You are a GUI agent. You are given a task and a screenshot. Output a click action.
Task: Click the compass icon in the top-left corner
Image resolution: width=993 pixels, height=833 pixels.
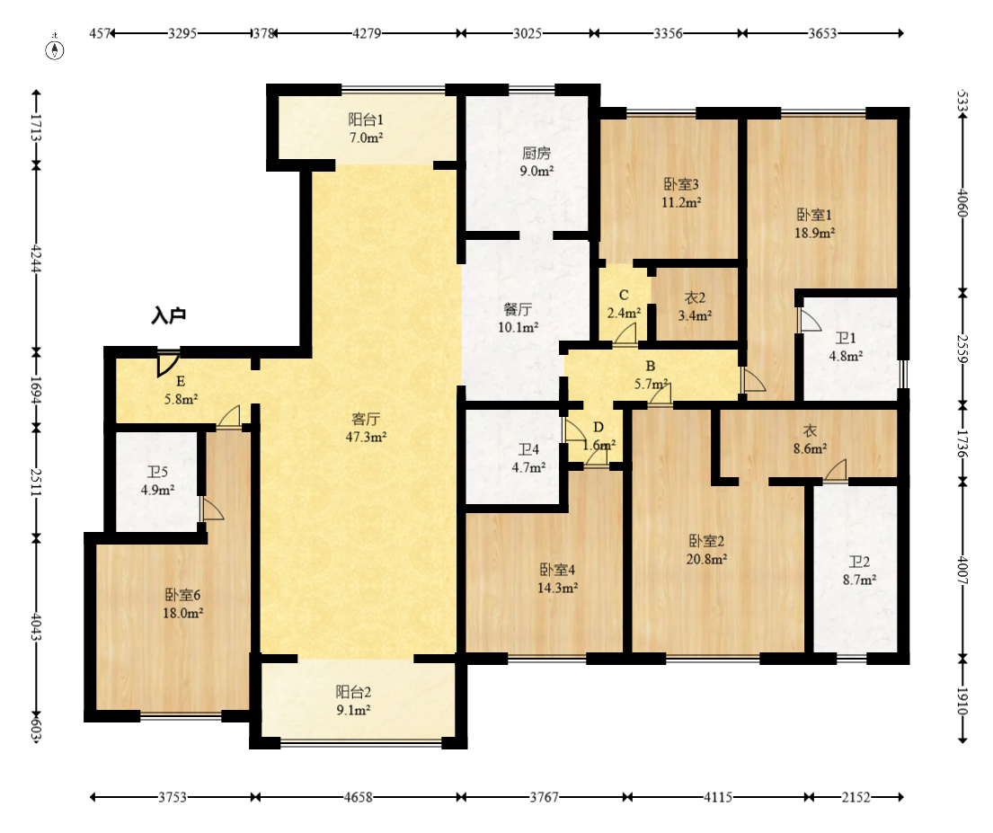[x=55, y=49]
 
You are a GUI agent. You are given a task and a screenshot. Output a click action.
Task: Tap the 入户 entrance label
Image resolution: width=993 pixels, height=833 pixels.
[x=168, y=315]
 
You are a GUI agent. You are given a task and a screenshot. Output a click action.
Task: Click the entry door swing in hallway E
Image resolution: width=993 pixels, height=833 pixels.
[x=168, y=364]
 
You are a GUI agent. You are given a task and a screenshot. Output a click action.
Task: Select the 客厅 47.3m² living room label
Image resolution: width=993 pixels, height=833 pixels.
[x=366, y=428]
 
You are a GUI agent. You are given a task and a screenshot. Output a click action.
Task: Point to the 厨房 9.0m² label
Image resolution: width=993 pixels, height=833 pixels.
[x=536, y=162]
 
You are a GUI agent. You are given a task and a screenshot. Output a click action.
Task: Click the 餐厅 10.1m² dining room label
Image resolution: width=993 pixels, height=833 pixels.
[x=518, y=318]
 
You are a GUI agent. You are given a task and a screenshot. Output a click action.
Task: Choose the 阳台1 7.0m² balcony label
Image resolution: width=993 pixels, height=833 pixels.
[x=366, y=128]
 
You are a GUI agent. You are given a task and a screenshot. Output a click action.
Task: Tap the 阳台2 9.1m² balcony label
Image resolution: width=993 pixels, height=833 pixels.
[x=353, y=701]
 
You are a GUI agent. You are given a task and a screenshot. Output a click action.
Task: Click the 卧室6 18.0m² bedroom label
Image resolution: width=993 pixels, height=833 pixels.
[x=183, y=604]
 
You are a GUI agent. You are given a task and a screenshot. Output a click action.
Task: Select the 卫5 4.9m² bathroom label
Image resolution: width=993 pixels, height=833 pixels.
[x=157, y=481]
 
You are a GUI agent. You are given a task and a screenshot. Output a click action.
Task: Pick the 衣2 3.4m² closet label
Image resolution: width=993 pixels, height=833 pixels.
[x=695, y=306]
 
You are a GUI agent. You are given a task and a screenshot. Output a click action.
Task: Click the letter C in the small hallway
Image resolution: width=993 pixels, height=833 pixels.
[x=624, y=296]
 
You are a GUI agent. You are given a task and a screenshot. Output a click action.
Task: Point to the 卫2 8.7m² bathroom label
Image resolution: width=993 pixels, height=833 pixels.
[x=859, y=570]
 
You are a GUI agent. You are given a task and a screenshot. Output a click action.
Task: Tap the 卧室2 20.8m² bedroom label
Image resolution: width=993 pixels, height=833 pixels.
[x=706, y=550]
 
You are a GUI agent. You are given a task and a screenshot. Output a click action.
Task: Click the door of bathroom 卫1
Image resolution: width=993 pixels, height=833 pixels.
[x=809, y=320]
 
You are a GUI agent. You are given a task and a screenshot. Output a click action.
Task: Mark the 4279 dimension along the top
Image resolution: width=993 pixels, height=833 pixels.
[x=367, y=33]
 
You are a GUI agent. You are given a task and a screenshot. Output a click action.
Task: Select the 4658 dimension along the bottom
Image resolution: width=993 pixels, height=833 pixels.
[x=358, y=797]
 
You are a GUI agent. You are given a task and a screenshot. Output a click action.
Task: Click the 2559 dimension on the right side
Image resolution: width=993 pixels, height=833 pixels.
[x=962, y=349]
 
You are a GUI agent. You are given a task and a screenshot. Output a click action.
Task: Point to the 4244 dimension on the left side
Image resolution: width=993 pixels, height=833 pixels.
[x=36, y=259]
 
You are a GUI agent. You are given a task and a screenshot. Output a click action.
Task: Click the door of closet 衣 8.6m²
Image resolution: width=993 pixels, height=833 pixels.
[x=836, y=469]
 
